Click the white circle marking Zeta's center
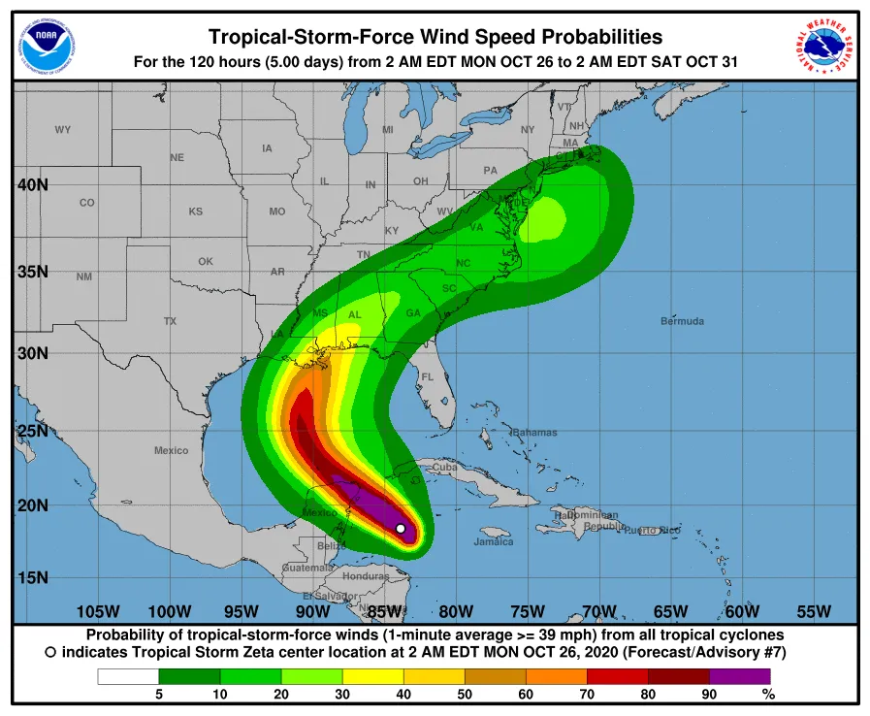point(401,529)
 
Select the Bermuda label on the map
point(682,321)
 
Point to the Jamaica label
point(494,542)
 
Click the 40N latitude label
point(33,185)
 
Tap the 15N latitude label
point(33,578)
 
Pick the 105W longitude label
point(97,611)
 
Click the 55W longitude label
point(814,611)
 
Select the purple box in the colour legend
point(739,676)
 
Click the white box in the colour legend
point(128,676)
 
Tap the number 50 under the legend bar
point(465,694)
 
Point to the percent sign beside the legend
point(768,694)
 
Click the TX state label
point(170,321)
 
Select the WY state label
point(63,130)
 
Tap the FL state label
point(427,376)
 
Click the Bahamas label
point(534,432)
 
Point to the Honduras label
point(366,575)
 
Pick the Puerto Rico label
point(651,531)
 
